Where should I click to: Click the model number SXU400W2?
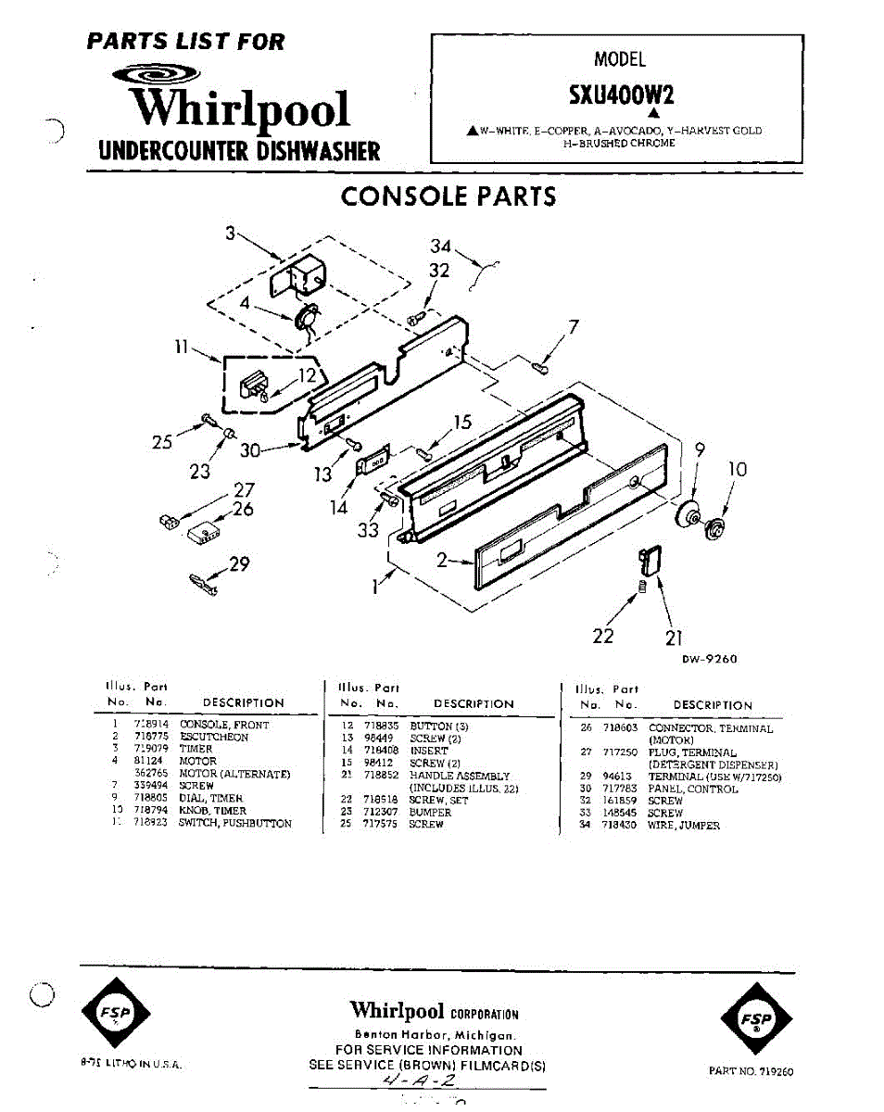point(621,95)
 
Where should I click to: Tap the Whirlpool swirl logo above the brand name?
point(156,75)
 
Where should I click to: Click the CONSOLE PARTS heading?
point(448,196)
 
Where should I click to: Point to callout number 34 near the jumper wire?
point(441,246)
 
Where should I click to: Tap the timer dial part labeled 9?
point(688,515)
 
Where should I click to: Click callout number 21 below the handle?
point(674,638)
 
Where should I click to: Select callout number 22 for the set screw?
point(603,637)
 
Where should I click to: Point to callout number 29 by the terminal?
point(240,563)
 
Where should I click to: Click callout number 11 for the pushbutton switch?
point(183,347)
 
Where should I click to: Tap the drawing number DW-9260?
point(710,660)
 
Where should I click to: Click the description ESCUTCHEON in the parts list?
point(214,738)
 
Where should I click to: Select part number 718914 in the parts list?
point(151,725)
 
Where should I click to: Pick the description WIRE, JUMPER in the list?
point(684,825)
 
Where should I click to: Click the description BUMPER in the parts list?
point(430,812)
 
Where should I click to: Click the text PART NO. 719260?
point(751,1071)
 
